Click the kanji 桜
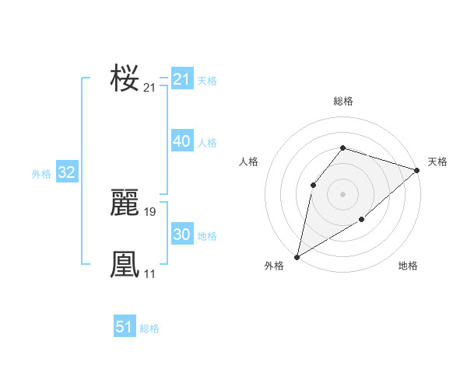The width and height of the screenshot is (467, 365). click(x=125, y=78)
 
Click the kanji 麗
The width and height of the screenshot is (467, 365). click(x=125, y=204)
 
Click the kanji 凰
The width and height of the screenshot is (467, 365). click(x=125, y=265)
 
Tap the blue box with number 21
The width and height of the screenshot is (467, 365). click(x=182, y=79)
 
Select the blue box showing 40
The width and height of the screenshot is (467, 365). click(x=182, y=142)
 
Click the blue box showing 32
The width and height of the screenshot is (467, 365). click(x=66, y=173)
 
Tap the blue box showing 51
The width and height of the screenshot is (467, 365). click(x=125, y=328)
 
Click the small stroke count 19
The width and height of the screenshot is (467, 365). click(x=150, y=212)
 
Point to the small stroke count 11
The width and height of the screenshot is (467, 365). click(x=149, y=273)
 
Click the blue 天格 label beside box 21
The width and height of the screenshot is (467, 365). click(x=207, y=80)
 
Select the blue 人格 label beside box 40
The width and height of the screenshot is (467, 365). click(x=207, y=143)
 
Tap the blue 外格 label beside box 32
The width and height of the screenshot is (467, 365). click(x=41, y=174)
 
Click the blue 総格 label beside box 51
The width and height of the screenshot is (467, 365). click(x=149, y=328)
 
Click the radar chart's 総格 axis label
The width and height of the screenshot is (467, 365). click(x=342, y=101)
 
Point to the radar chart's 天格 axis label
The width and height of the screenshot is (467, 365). click(x=437, y=162)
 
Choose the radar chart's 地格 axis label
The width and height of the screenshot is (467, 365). click(x=408, y=266)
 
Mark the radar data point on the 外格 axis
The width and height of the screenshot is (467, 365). click(x=297, y=256)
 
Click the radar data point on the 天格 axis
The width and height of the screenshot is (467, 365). click(x=417, y=170)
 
